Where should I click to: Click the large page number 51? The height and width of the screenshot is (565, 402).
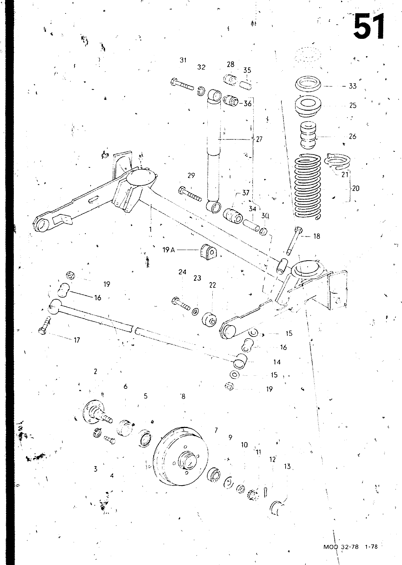pos(368,26)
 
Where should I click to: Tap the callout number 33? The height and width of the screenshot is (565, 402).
pos(352,86)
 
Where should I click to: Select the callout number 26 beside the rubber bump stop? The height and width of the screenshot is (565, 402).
pos(352,136)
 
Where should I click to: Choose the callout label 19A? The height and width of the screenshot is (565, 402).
pos(169,250)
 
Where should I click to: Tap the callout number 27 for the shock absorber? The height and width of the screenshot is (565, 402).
pos(259,139)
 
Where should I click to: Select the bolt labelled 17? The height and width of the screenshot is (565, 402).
pos(45,326)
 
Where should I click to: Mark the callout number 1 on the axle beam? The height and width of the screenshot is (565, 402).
pos(150,229)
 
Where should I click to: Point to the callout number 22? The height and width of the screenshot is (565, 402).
pos(212,285)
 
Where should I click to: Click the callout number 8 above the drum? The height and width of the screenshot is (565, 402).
pos(183,397)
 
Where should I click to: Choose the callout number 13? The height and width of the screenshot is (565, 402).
pos(287,466)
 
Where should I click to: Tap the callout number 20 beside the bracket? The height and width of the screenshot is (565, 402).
pos(356,188)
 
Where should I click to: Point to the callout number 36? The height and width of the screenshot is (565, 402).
pos(247,103)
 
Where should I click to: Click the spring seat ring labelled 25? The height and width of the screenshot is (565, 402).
pos(308,107)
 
